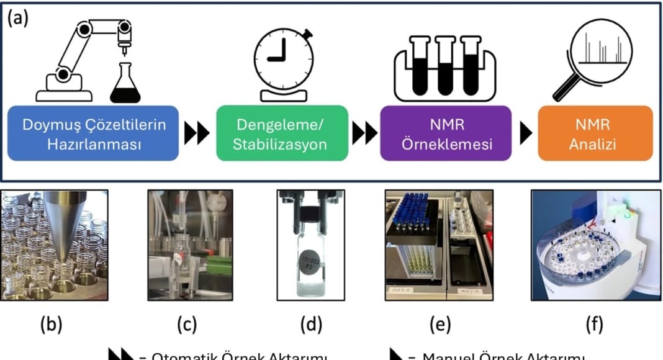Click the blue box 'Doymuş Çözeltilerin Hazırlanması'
coord(94,133)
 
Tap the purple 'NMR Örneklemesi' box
coord(446,133)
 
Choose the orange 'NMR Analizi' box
coord(595,133)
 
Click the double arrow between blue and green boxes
coord(198,133)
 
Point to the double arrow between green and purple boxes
coord(364,133)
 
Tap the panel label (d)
coord(311,325)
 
